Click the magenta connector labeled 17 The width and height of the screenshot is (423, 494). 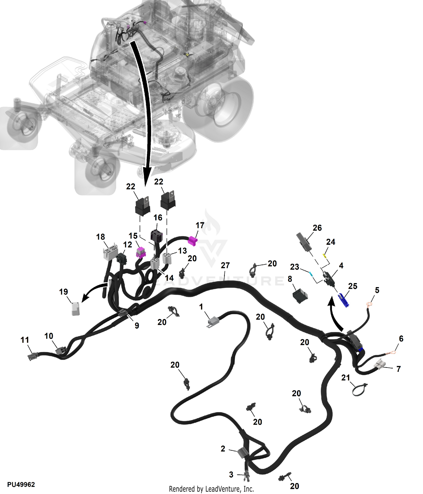(x=193, y=241)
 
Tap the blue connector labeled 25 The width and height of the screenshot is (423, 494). (x=344, y=300)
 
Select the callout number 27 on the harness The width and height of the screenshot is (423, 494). (x=225, y=265)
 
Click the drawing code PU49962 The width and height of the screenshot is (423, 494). (x=21, y=484)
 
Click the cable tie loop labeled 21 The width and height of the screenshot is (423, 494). (x=360, y=389)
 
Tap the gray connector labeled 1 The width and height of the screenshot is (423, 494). (x=213, y=322)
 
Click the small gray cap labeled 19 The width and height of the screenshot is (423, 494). (x=75, y=309)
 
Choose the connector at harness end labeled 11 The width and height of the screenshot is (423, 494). (x=32, y=356)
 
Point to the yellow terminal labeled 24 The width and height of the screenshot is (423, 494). (x=325, y=256)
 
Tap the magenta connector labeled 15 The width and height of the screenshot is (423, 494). (x=141, y=253)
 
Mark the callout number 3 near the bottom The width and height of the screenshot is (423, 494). (x=231, y=475)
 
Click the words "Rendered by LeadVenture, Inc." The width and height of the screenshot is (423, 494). (x=211, y=489)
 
